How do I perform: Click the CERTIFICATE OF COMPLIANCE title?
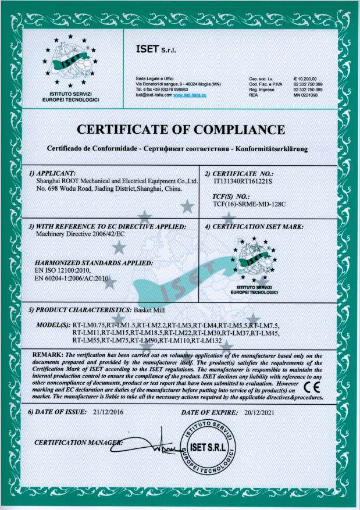180,129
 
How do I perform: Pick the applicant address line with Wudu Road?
109,188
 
